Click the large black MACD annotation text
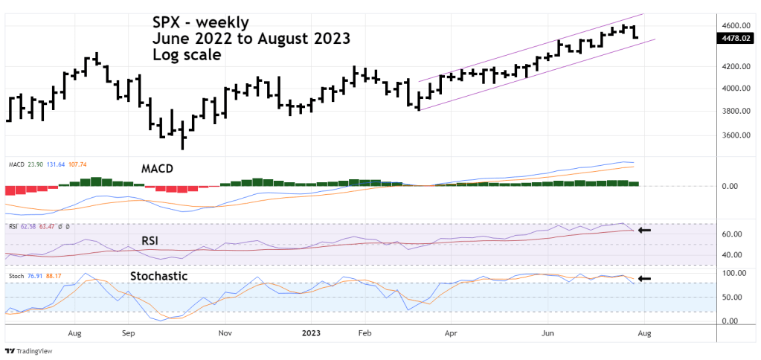point(158,169)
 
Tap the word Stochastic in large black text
point(158,276)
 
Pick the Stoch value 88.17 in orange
point(54,276)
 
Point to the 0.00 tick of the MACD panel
point(729,186)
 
